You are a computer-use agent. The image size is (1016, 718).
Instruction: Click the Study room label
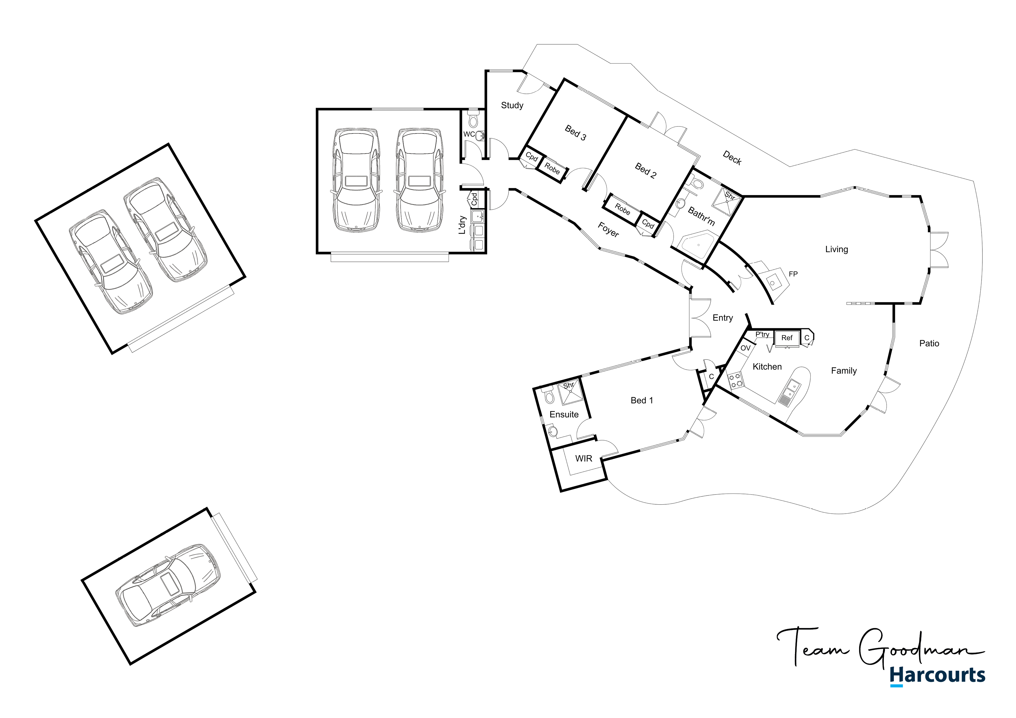click(512, 105)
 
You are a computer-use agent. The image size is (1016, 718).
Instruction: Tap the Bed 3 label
click(575, 133)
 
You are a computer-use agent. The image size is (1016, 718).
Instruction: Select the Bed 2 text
click(646, 170)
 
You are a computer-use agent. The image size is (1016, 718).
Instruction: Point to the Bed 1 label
click(642, 400)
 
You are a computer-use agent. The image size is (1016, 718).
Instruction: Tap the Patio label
click(929, 344)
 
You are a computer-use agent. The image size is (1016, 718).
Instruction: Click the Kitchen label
click(767, 367)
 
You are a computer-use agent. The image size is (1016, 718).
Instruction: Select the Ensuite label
click(564, 415)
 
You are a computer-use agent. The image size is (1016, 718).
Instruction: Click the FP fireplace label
click(793, 274)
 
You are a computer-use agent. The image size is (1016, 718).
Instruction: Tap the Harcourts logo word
click(937, 675)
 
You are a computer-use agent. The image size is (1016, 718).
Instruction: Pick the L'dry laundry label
click(462, 225)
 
